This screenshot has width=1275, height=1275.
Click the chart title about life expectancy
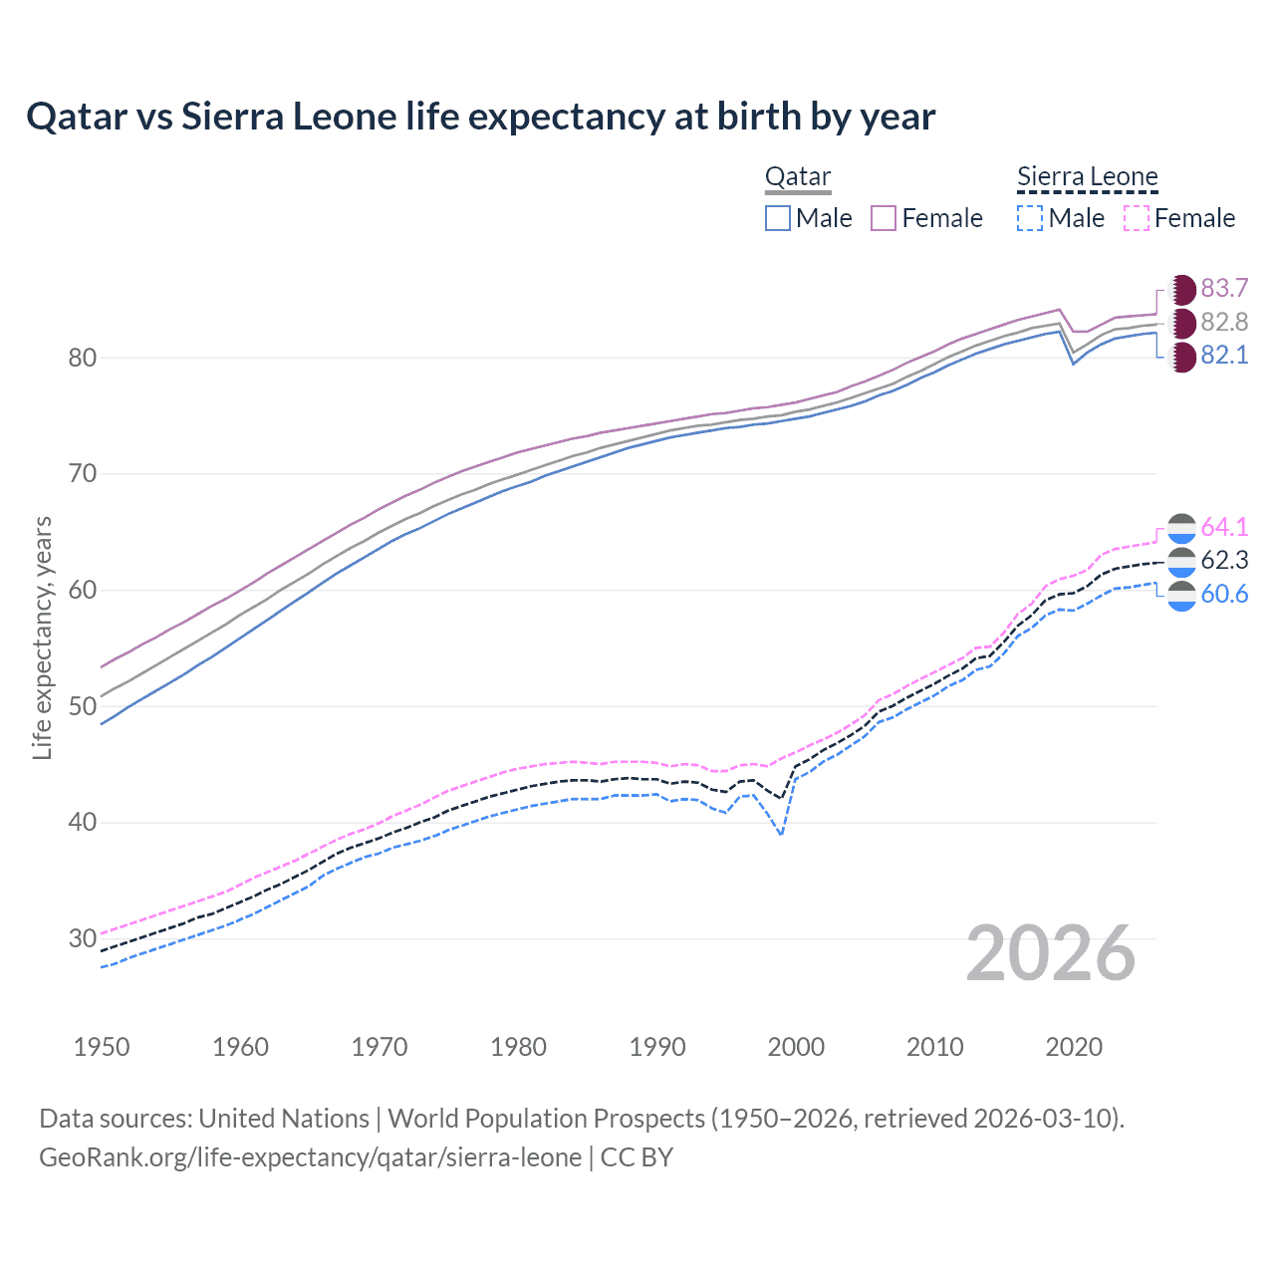click(x=480, y=117)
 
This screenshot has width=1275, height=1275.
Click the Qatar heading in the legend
click(x=798, y=177)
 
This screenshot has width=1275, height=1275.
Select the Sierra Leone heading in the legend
click(x=1087, y=177)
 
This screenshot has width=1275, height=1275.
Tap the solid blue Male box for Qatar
click(x=778, y=218)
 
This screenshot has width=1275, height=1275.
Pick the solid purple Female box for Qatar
click(x=884, y=218)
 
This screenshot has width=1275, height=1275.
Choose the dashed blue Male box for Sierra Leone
click(x=1030, y=218)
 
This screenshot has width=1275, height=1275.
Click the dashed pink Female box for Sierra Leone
click(x=1137, y=218)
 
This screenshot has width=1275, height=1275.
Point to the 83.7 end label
click(x=1224, y=289)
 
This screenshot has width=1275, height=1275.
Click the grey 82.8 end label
click(x=1224, y=322)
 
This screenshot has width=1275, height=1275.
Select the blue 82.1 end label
click(x=1224, y=356)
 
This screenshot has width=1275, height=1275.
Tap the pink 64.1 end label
click(x=1224, y=527)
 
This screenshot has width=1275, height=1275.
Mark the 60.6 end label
click(x=1224, y=595)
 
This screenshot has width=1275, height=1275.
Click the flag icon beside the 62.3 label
click(x=1181, y=561)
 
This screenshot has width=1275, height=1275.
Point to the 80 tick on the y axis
click(x=83, y=358)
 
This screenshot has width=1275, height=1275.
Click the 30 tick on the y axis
click(x=83, y=938)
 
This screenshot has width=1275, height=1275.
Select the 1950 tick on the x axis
click(x=102, y=1047)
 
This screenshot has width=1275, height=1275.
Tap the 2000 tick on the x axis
click(x=796, y=1047)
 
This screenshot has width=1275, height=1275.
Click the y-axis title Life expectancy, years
click(x=42, y=637)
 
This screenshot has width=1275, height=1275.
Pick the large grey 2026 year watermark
click(x=1050, y=953)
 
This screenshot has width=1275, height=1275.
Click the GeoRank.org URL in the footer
click(x=311, y=1157)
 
